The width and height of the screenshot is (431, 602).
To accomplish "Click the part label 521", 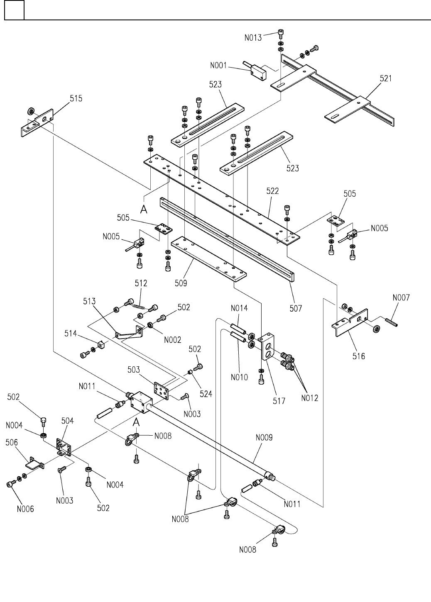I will [x=386, y=78].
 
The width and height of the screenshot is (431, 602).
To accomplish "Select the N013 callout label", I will [x=253, y=38].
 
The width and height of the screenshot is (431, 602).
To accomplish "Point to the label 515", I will [x=76, y=98].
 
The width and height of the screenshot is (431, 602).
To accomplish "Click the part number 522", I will [x=272, y=191].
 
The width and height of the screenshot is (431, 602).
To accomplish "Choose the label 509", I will [x=181, y=283].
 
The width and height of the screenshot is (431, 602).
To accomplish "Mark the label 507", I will [x=296, y=308].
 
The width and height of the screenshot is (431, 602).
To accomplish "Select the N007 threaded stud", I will [x=391, y=322].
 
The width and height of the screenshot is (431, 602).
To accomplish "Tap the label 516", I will [x=359, y=356].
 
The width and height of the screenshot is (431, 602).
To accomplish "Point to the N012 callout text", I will [x=310, y=398].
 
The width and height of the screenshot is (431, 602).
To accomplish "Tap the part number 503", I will [x=134, y=369].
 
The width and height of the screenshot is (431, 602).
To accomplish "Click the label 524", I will [x=206, y=394].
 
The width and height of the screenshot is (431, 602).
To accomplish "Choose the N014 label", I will [x=239, y=308].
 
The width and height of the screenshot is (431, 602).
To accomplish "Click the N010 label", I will [x=239, y=377].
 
